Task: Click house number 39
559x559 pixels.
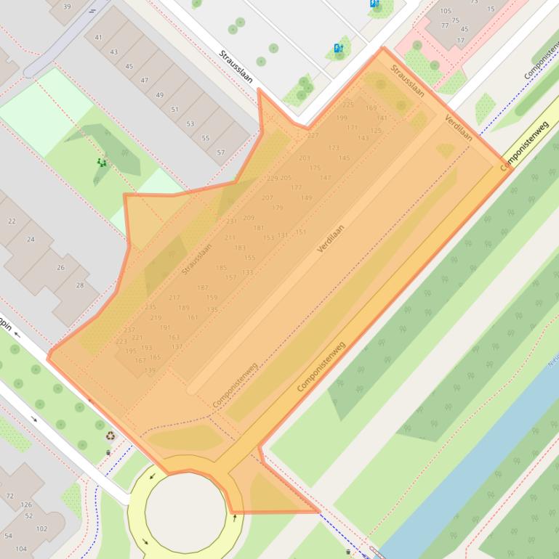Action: point(67,7)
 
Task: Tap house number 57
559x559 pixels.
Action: point(221,153)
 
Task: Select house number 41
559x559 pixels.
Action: point(98,37)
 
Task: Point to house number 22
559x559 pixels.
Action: point(12,221)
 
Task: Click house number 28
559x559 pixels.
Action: point(80,285)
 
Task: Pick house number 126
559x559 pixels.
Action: point(27,505)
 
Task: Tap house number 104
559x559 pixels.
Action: point(21,549)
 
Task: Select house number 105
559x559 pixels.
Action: point(446,11)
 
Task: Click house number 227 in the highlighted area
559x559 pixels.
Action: point(313,135)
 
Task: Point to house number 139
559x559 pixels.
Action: point(150,370)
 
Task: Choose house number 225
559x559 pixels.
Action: point(348,105)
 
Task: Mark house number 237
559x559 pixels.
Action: point(129,330)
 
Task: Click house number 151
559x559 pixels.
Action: point(301,232)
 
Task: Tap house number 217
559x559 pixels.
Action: point(174,298)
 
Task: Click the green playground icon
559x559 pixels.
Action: point(102,163)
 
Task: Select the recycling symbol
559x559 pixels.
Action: point(110,436)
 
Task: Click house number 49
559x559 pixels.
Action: point(159,95)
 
